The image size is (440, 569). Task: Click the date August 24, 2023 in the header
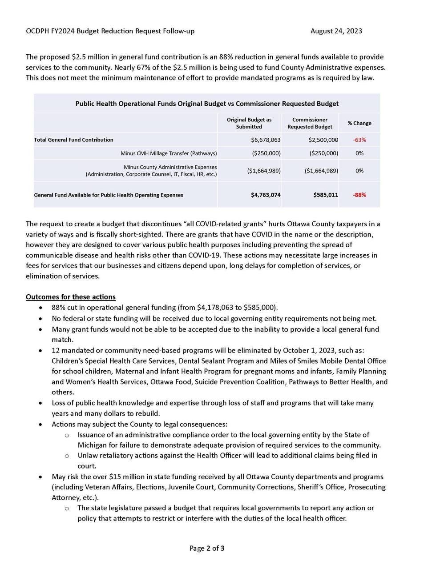point(336,31)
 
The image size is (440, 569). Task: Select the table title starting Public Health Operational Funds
point(207,104)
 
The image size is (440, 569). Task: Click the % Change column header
point(359,123)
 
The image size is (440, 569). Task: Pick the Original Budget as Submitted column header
point(249,123)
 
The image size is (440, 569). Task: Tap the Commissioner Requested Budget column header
point(310,123)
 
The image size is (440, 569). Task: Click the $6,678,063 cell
point(266,140)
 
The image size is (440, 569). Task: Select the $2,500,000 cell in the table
point(323,140)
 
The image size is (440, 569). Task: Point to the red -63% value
point(359,140)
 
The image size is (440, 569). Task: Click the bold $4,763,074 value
point(266,195)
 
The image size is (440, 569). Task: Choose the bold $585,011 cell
point(326,195)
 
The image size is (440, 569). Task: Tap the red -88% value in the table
point(359,195)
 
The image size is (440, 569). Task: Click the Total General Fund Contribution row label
point(74,140)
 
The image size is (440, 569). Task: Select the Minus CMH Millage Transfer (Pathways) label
point(169,153)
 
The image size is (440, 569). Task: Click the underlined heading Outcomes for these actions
point(71,297)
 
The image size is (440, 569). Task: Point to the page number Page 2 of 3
point(207,548)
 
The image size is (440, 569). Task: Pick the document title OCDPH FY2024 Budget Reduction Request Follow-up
point(110,31)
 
